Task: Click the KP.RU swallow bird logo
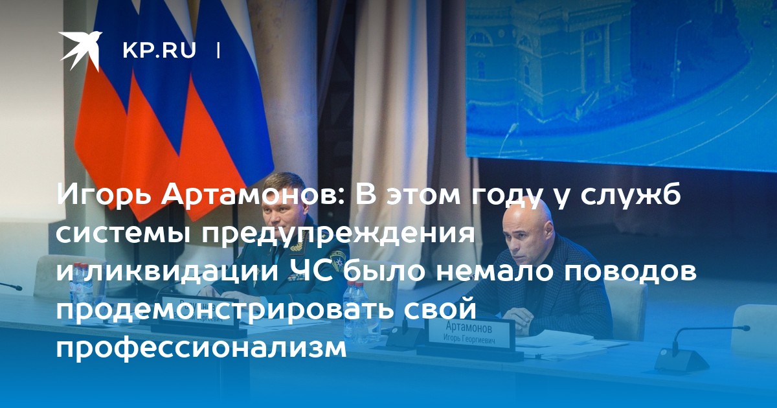click(x=80, y=51)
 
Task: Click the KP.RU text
click(x=159, y=51)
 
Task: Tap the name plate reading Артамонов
click(x=471, y=332)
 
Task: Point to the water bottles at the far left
click(x=80, y=283)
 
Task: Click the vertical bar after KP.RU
click(x=218, y=51)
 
